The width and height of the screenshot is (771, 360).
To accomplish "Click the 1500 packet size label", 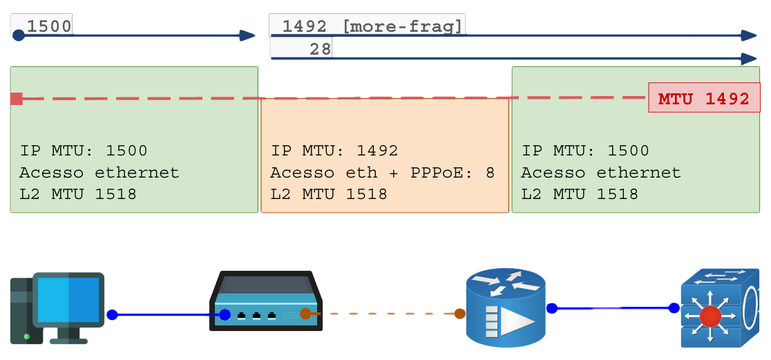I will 48,26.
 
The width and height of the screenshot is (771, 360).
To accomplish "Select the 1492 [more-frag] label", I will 372,26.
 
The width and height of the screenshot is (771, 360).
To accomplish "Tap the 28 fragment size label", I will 320,48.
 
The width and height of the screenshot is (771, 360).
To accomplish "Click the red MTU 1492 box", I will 704,98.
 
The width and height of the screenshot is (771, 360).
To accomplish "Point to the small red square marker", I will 17,99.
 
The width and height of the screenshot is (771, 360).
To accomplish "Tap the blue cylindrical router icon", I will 506,307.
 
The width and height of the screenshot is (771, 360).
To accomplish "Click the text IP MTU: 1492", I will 334,151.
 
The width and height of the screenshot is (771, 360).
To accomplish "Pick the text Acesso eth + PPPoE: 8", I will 383,173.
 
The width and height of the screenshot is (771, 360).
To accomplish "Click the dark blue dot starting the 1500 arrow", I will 19,35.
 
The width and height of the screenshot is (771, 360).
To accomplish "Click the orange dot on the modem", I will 305,314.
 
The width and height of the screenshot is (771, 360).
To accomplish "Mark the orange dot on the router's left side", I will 459,314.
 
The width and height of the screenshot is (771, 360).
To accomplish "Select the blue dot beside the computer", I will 112,315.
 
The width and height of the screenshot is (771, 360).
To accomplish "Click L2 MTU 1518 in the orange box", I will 329,194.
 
